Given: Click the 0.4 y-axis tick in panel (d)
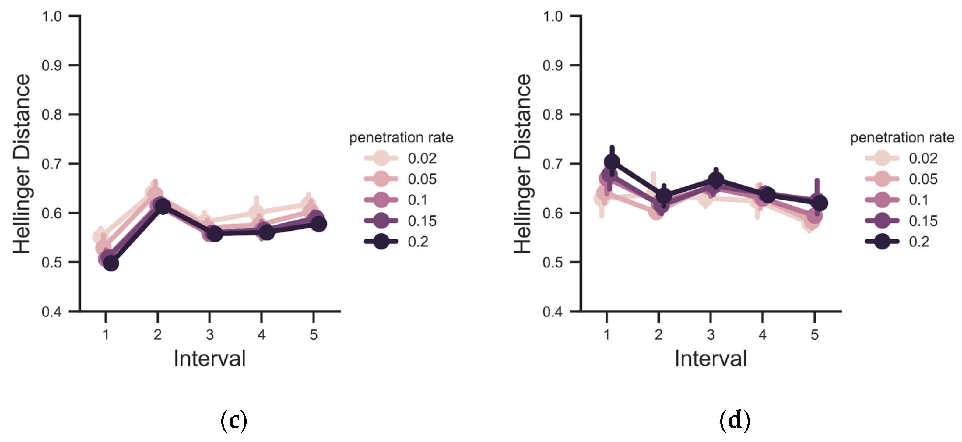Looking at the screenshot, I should (x=553, y=312).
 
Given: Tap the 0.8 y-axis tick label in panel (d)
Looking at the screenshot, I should (x=553, y=115).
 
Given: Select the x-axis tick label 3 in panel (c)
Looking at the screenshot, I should (x=210, y=334).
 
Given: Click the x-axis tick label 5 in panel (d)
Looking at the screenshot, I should (x=814, y=334).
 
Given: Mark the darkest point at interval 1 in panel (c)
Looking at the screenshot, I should (x=111, y=263).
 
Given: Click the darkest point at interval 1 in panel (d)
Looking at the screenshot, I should (x=612, y=162).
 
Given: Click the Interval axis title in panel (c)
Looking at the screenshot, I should (x=210, y=359).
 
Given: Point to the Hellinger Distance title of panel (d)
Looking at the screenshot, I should (x=522, y=164).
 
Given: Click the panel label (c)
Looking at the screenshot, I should (x=234, y=420).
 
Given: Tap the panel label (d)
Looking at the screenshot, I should (x=735, y=420).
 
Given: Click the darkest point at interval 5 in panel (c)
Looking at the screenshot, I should (x=318, y=224).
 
